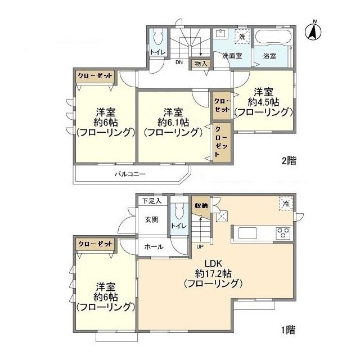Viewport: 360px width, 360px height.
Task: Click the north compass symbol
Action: coord(313,31)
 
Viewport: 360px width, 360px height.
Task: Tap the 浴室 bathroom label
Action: coord(269,56)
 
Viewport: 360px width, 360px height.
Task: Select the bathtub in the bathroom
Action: coord(273,37)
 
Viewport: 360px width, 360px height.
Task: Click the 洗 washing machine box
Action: coord(242,37)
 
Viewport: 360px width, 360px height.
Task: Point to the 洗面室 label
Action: coord(232,56)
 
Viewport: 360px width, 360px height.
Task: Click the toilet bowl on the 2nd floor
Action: coord(157,37)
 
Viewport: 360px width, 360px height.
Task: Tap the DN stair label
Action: coord(179,62)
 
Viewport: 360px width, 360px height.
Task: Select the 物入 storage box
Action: coord(201,64)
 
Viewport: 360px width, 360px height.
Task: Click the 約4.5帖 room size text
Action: coord(263,102)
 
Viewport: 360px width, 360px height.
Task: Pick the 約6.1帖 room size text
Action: coord(173,123)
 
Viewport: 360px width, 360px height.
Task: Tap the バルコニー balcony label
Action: coord(130,174)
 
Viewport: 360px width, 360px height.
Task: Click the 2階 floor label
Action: coord(289,160)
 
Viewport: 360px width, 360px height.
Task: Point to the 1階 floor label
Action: coord(288,330)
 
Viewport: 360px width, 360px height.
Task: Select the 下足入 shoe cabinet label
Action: coord(152,201)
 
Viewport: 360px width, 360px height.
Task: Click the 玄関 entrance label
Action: coord(151,220)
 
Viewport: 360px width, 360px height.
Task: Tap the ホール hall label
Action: coord(154,247)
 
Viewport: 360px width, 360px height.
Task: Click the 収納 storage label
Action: coord(201,206)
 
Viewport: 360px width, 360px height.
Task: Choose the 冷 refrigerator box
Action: coord(286,204)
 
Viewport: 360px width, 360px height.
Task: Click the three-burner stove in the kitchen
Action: coord(283,233)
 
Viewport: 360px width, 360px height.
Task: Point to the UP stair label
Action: coord(200,247)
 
